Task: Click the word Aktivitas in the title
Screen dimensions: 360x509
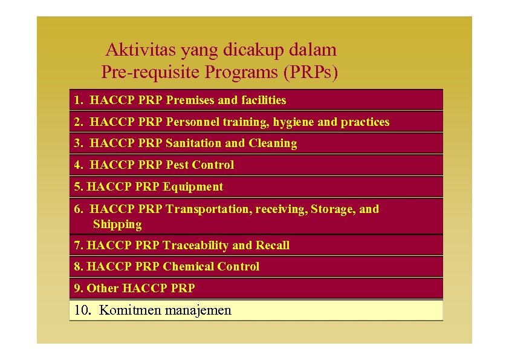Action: coord(134,50)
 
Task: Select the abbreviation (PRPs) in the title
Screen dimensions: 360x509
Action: coord(309,73)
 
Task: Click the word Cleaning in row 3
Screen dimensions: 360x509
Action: coord(273,143)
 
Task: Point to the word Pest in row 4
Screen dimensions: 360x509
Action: coord(177,165)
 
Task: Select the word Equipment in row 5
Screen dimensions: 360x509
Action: coord(193,187)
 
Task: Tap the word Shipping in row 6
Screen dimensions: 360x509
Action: coord(117,224)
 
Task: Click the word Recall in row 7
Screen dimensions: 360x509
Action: coord(273,246)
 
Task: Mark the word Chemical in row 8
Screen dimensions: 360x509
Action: coord(189,267)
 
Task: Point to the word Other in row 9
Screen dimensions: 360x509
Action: coord(103,288)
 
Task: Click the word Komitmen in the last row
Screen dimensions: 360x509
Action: coord(125,310)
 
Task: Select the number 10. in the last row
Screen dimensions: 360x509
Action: coord(82,310)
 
